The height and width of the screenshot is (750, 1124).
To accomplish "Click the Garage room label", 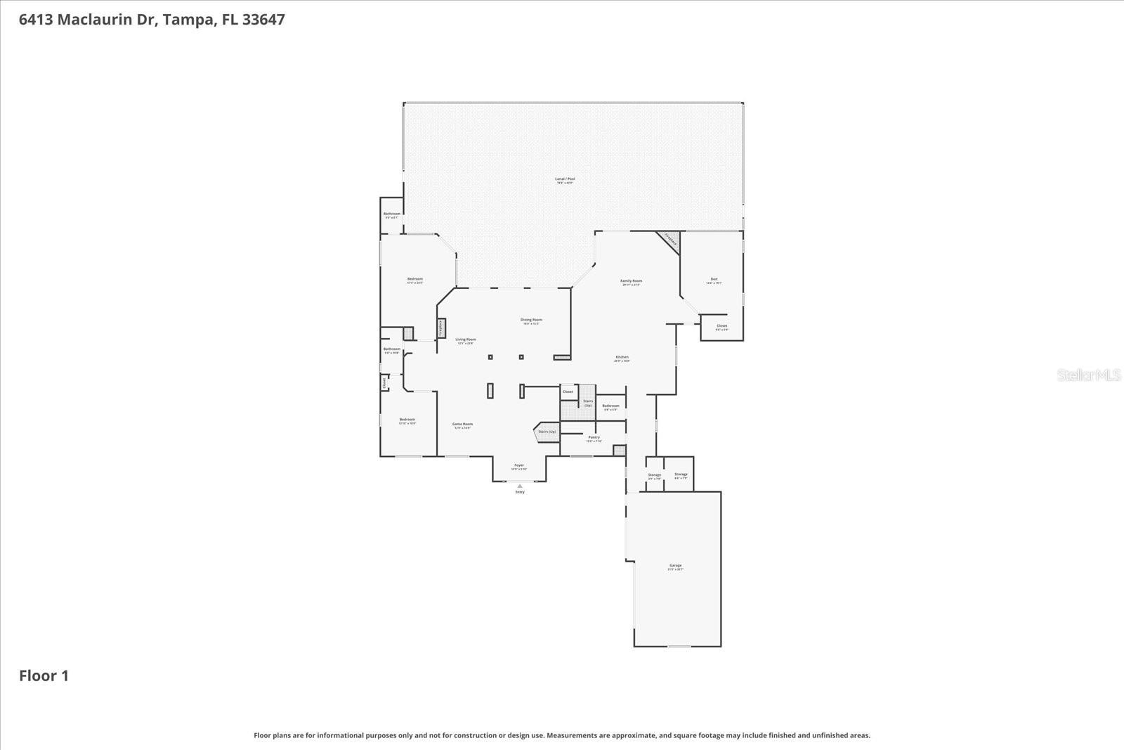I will pyautogui.click(x=675, y=566).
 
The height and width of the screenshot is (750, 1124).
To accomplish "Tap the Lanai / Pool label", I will pyautogui.click(x=565, y=179).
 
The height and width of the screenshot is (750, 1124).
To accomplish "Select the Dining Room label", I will pyautogui.click(x=531, y=321).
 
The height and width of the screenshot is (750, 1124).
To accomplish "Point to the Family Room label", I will pyautogui.click(x=631, y=282).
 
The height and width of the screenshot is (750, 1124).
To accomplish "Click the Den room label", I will pyautogui.click(x=714, y=280).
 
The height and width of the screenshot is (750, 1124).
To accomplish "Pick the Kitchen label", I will pyautogui.click(x=622, y=358).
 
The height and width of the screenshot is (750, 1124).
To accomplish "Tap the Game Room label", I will pyautogui.click(x=462, y=425).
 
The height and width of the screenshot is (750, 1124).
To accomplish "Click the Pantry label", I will pyautogui.click(x=594, y=438).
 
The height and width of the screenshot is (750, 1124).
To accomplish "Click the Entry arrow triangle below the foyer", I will pyautogui.click(x=520, y=486).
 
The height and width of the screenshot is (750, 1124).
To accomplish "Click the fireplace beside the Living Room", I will pyautogui.click(x=441, y=328).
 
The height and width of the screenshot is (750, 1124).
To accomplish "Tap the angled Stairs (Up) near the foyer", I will pyautogui.click(x=547, y=432).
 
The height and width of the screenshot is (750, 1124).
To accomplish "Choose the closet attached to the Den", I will pyautogui.click(x=721, y=327).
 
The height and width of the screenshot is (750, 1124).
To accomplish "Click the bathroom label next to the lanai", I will pyautogui.click(x=391, y=214).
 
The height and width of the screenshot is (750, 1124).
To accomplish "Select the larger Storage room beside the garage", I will pyautogui.click(x=680, y=474).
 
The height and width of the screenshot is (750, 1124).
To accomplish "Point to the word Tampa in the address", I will pyautogui.click(x=188, y=20).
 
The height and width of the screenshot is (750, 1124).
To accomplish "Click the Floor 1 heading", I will pyautogui.click(x=44, y=676).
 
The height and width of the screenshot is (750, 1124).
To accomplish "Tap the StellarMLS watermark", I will pyautogui.click(x=1089, y=375).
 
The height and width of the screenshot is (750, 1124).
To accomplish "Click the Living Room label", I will pyautogui.click(x=465, y=340).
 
